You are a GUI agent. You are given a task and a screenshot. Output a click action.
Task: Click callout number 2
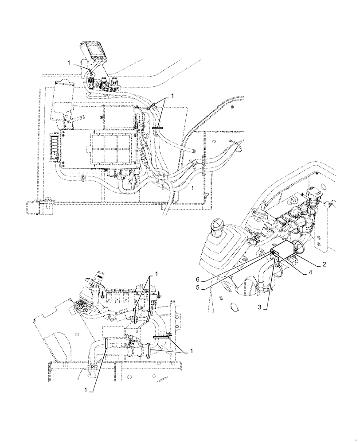click(x=325, y=264)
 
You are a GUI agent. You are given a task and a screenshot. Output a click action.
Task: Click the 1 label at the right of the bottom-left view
click(x=191, y=351)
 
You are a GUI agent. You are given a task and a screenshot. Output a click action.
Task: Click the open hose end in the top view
click(x=194, y=151)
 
